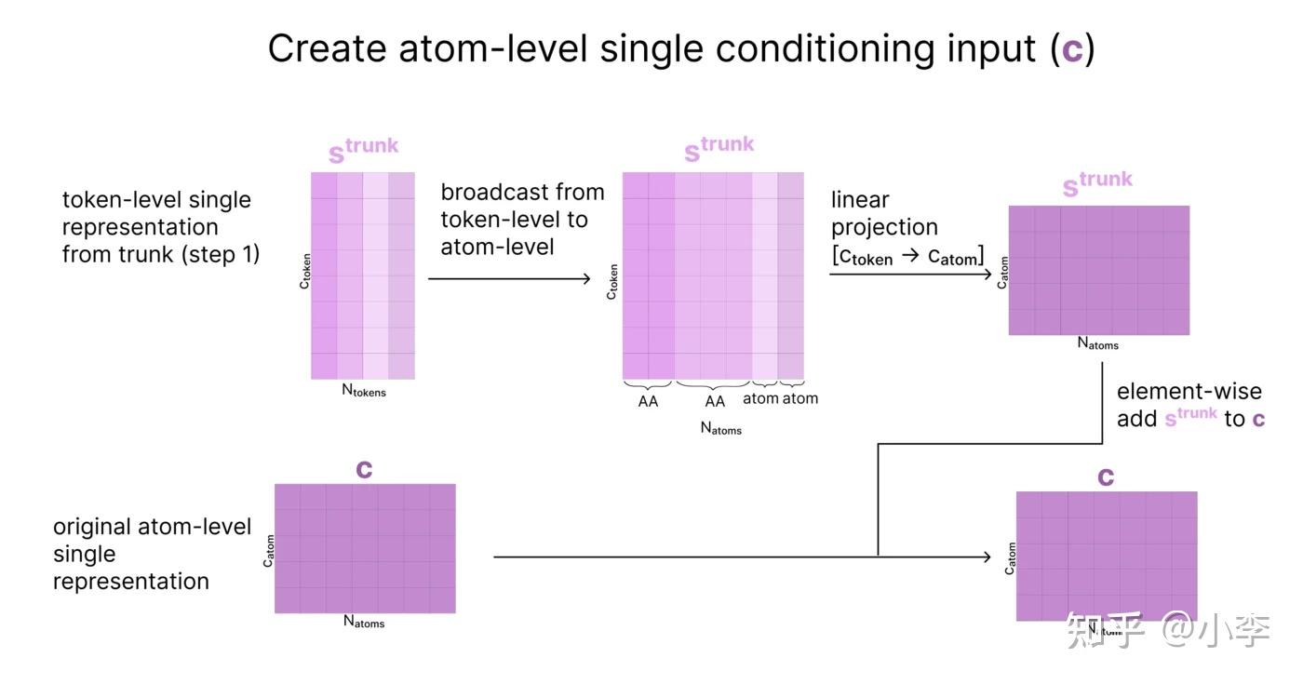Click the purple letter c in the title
pyautogui.click(x=1072, y=50)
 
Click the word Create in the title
pyautogui.click(x=327, y=47)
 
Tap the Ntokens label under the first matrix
pyautogui.click(x=364, y=390)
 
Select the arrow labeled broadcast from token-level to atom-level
pyautogui.click(x=509, y=279)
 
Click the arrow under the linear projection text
pyautogui.click(x=910, y=274)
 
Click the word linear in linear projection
pyautogui.click(x=860, y=199)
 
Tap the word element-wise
pyautogui.click(x=1189, y=391)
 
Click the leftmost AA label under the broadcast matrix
pyautogui.click(x=648, y=401)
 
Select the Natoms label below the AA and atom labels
pyautogui.click(x=720, y=429)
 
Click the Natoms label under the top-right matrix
pyautogui.click(x=1097, y=343)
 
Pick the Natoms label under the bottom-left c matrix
pyautogui.click(x=364, y=622)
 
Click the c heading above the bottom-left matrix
pyautogui.click(x=364, y=469)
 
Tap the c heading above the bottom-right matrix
pyautogui.click(x=1106, y=476)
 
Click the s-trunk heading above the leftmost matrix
pyautogui.click(x=363, y=150)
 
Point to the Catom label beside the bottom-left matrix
pyautogui.click(x=268, y=551)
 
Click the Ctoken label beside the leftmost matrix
pyautogui.click(x=305, y=271)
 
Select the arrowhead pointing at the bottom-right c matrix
pyautogui.click(x=987, y=557)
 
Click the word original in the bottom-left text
pyautogui.click(x=91, y=527)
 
